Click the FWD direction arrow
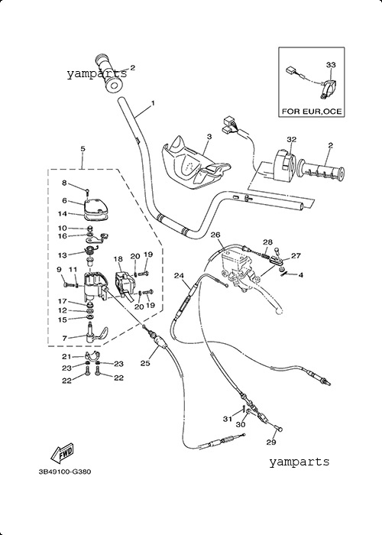point(62,454)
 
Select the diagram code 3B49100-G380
point(65,472)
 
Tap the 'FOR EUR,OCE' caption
point(312,112)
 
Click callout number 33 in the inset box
point(331,64)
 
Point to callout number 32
point(291,139)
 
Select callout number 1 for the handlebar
point(153,102)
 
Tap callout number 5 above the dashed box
point(83,149)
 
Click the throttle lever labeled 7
point(96,334)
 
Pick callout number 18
point(118,259)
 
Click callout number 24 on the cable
point(180,276)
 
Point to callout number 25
point(145,363)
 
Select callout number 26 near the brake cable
point(215,235)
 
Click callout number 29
point(270,443)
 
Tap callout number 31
point(228,419)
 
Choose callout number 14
point(63,214)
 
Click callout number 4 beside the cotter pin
point(300,275)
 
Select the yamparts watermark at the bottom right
point(299,462)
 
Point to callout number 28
point(267,242)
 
